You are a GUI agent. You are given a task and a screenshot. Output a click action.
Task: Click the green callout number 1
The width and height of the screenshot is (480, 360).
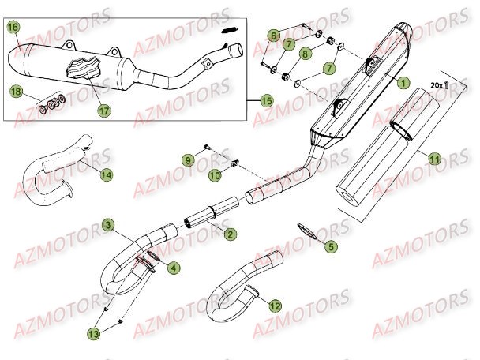(x=403, y=81)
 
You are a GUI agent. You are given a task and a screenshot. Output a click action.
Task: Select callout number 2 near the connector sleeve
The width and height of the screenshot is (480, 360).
(x=229, y=234)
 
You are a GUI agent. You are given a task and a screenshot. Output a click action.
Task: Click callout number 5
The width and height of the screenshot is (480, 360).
(x=331, y=247)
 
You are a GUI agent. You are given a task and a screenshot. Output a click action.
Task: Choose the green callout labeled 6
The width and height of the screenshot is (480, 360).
(x=273, y=35)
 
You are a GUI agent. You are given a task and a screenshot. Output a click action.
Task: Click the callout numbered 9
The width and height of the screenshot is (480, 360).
(x=188, y=160)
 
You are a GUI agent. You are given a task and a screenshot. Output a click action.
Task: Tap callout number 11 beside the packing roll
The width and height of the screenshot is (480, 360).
(x=433, y=159)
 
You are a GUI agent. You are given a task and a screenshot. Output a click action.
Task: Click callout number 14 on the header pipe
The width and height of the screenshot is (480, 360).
(x=106, y=174)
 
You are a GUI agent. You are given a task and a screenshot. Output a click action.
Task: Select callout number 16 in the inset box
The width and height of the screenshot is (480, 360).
(x=13, y=28)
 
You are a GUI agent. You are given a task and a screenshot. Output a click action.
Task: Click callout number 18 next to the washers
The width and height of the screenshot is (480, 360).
(x=14, y=92)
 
